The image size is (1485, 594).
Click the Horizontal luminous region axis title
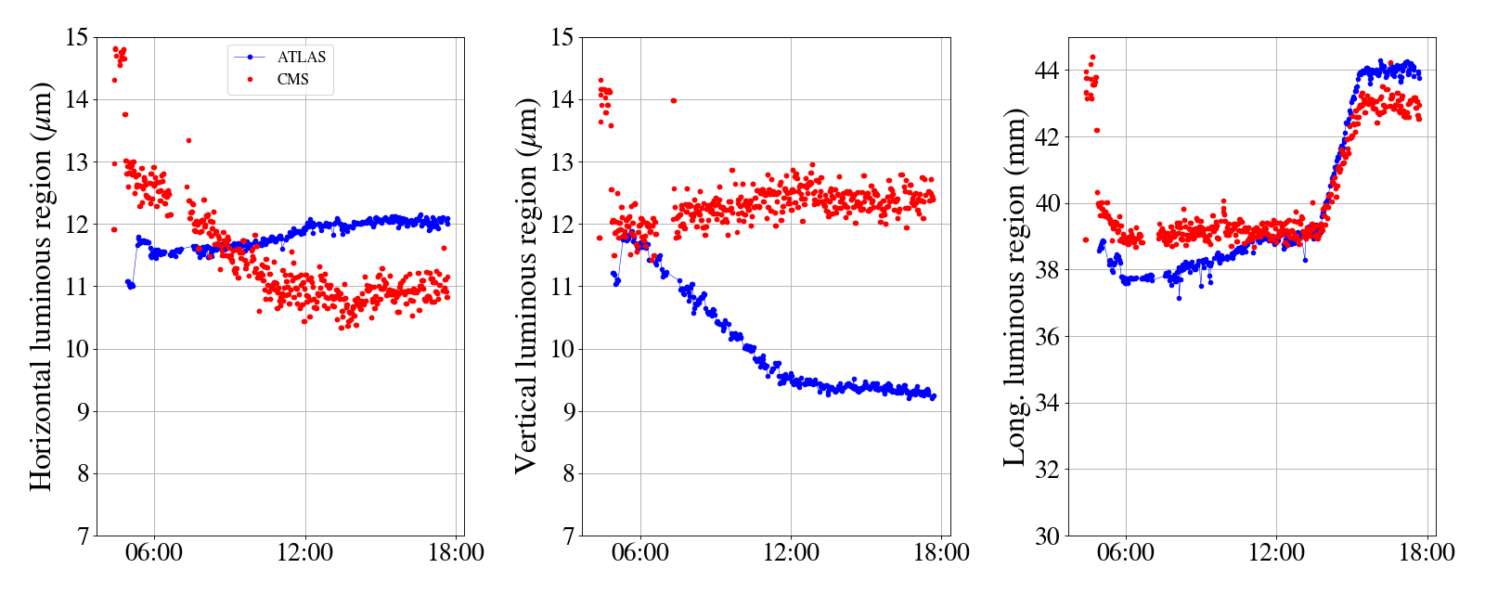(x=41, y=286)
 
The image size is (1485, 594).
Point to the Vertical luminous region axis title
(x=526, y=286)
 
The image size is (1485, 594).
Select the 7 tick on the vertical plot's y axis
(x=566, y=536)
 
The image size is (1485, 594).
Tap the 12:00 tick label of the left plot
(x=305, y=553)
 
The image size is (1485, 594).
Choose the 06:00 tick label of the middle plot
(x=640, y=553)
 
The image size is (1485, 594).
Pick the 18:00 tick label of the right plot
(x=1427, y=553)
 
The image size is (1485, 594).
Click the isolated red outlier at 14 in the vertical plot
(x=673, y=100)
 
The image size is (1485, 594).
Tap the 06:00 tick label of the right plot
(x=1126, y=553)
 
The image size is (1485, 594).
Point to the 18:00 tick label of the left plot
(x=456, y=553)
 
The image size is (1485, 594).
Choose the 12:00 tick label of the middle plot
(x=791, y=553)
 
